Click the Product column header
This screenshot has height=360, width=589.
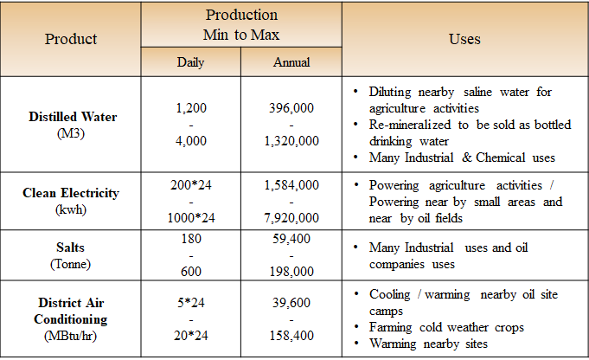point(71,39)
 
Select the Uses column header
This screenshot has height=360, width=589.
point(464,39)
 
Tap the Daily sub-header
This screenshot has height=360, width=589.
point(190,62)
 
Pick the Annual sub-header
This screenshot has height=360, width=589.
point(291,62)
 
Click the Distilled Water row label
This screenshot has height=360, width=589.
point(73,117)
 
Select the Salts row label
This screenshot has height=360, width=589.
point(72,247)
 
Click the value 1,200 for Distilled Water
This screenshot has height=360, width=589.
point(190,108)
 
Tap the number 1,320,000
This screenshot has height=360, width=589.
point(292,141)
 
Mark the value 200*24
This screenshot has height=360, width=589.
point(190,185)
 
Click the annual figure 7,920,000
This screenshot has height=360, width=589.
point(292,216)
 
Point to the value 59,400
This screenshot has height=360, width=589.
point(292,237)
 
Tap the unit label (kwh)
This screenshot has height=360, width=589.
point(72,209)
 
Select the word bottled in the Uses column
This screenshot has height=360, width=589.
point(549,125)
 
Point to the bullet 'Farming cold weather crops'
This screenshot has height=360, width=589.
point(446,328)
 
